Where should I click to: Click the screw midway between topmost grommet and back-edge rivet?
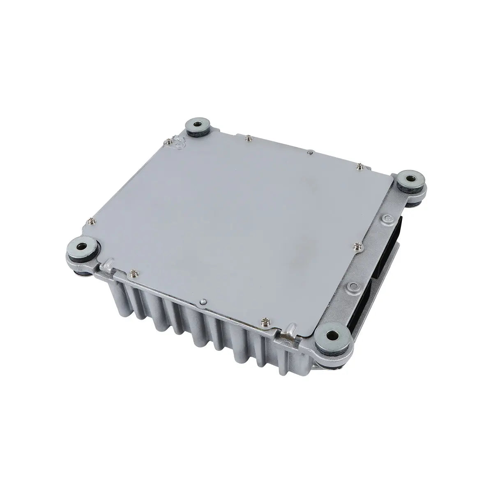point(247,138)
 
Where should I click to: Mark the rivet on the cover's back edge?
point(311,153)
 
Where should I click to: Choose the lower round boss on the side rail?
point(351,285)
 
